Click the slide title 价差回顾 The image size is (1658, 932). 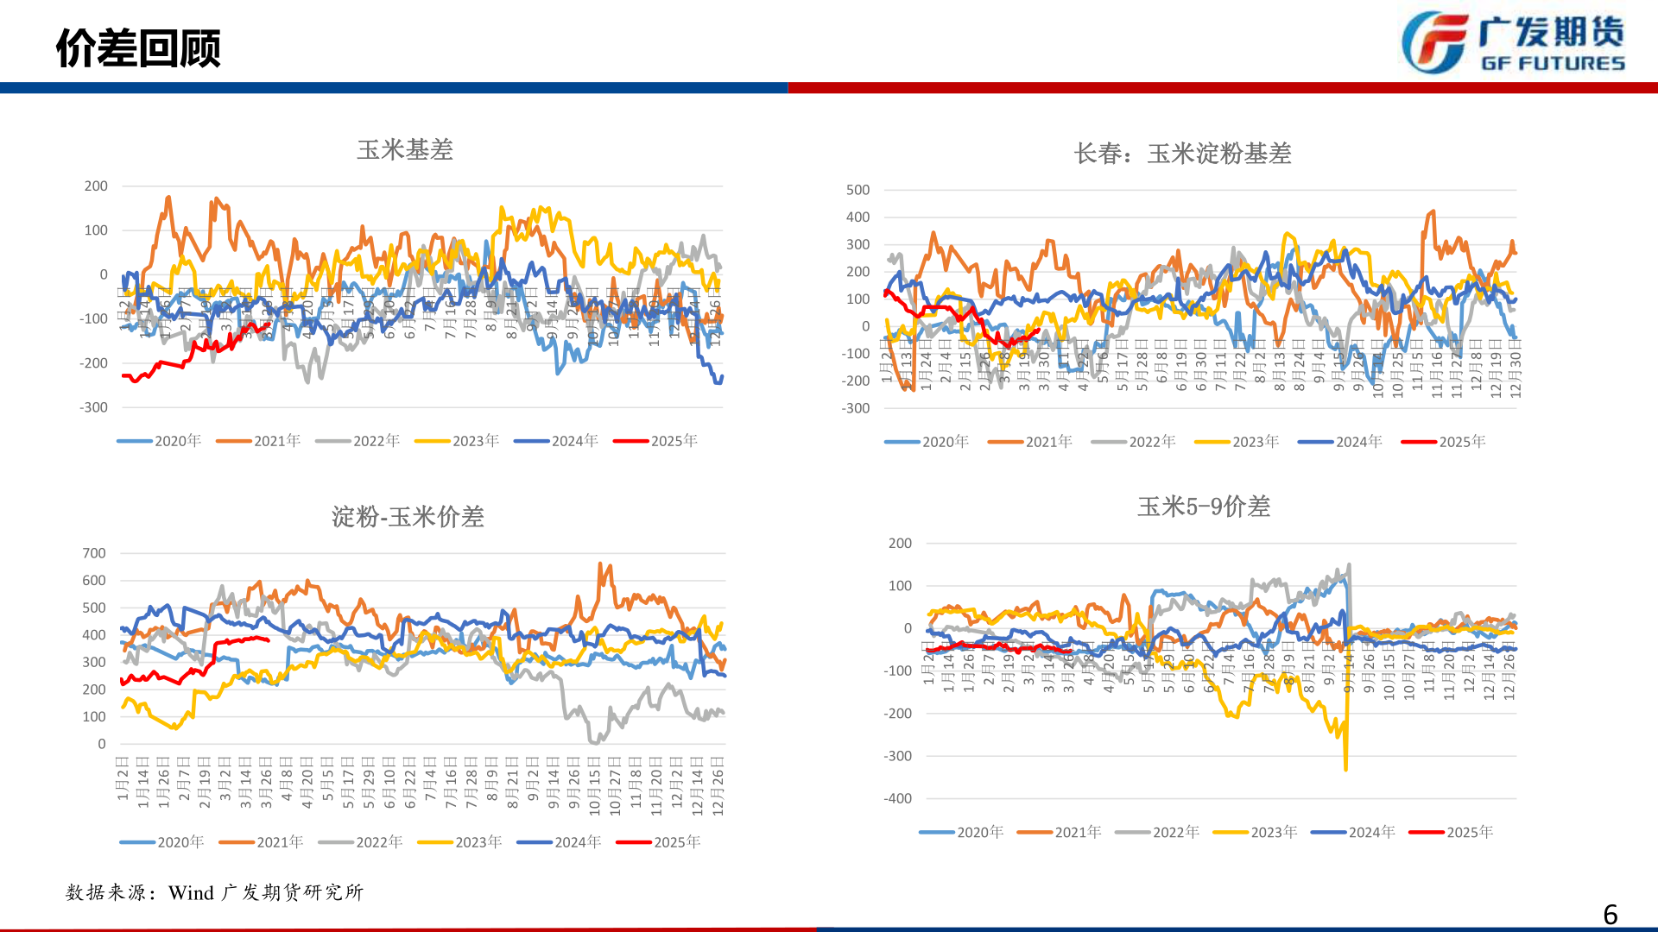138,47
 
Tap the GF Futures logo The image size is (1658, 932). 1512,42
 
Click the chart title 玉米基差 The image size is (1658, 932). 405,150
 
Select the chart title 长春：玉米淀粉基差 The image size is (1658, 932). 1182,154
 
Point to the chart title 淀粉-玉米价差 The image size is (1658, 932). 408,517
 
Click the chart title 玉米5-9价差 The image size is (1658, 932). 1204,507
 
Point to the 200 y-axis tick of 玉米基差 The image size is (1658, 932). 96,186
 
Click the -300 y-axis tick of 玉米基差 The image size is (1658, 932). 93,407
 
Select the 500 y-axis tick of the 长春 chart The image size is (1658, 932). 857,190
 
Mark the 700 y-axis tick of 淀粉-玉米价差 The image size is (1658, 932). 94,553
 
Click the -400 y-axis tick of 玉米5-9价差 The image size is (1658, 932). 897,798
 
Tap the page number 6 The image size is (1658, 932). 1610,914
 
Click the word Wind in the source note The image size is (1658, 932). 191,892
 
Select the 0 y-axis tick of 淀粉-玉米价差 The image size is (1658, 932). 102,744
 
